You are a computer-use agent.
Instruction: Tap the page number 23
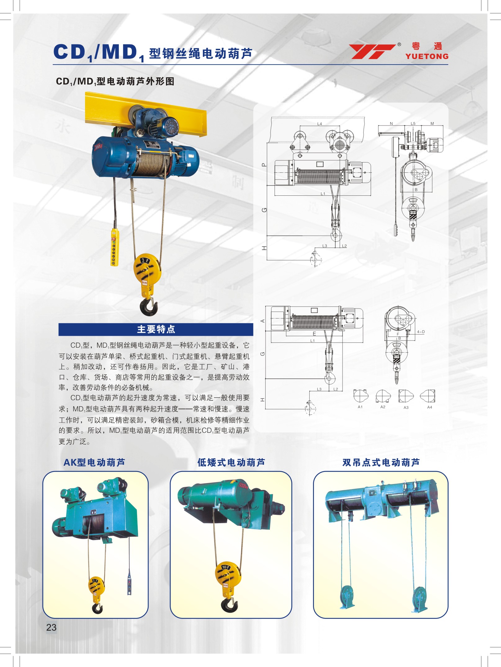[x=51, y=627]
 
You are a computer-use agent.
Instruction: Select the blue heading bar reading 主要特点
[x=156, y=329]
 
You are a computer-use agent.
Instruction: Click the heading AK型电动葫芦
[x=94, y=463]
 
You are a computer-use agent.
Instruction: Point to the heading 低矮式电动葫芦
[x=231, y=463]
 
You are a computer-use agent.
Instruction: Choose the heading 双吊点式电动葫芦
[x=381, y=463]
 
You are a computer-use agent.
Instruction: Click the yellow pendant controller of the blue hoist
[x=114, y=247]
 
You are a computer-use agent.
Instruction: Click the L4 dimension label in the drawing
[x=320, y=124]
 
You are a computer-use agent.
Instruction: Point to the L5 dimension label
[x=413, y=123]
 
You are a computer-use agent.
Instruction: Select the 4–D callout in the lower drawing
[x=421, y=332]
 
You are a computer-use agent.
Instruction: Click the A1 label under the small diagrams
[x=360, y=407]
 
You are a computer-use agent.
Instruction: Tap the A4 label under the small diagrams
[x=430, y=407]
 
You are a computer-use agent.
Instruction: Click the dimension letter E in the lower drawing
[x=314, y=334]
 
